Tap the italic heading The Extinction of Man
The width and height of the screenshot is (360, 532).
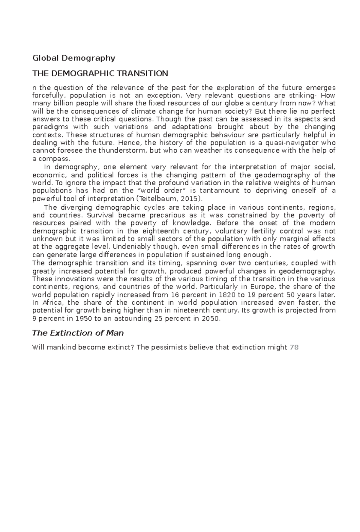tap(78, 333)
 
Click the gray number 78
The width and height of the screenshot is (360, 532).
tap(294, 348)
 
